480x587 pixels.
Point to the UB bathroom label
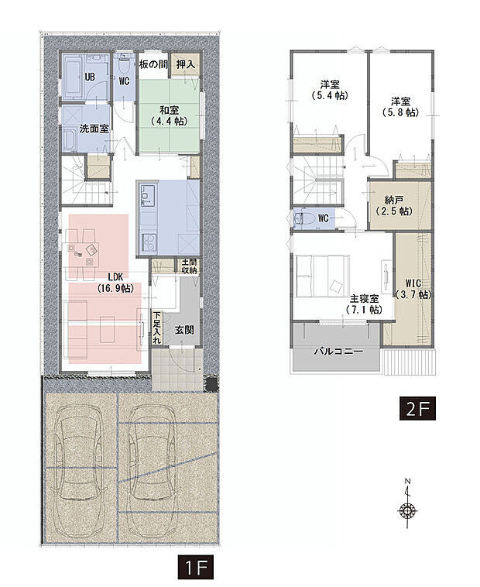90,77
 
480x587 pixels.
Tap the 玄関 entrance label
183,331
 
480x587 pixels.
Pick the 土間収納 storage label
190,266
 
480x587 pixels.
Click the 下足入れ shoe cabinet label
157,327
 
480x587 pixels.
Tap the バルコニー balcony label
338,351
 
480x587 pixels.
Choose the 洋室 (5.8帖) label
400,106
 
